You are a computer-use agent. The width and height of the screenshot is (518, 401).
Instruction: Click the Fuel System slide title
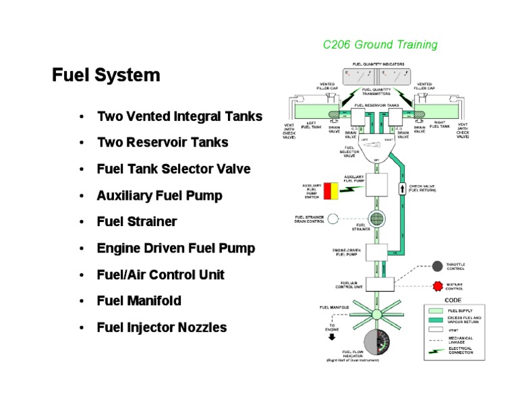pos(106,75)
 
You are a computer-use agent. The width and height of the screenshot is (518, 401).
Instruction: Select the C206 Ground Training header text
pos(380,45)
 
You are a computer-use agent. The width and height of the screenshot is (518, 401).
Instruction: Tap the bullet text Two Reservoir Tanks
pos(163,142)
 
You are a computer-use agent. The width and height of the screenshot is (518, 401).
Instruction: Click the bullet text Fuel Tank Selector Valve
pos(173,169)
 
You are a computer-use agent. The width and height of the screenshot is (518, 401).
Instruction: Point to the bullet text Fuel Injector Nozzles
pos(162,327)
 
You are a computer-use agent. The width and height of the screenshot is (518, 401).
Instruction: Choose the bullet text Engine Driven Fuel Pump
pos(176,248)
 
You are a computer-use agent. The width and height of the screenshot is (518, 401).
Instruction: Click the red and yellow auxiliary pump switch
pos(331,191)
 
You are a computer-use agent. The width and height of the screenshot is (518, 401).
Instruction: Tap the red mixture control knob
pos(437,286)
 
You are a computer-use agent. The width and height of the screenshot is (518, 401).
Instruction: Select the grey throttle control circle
pos(437,266)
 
